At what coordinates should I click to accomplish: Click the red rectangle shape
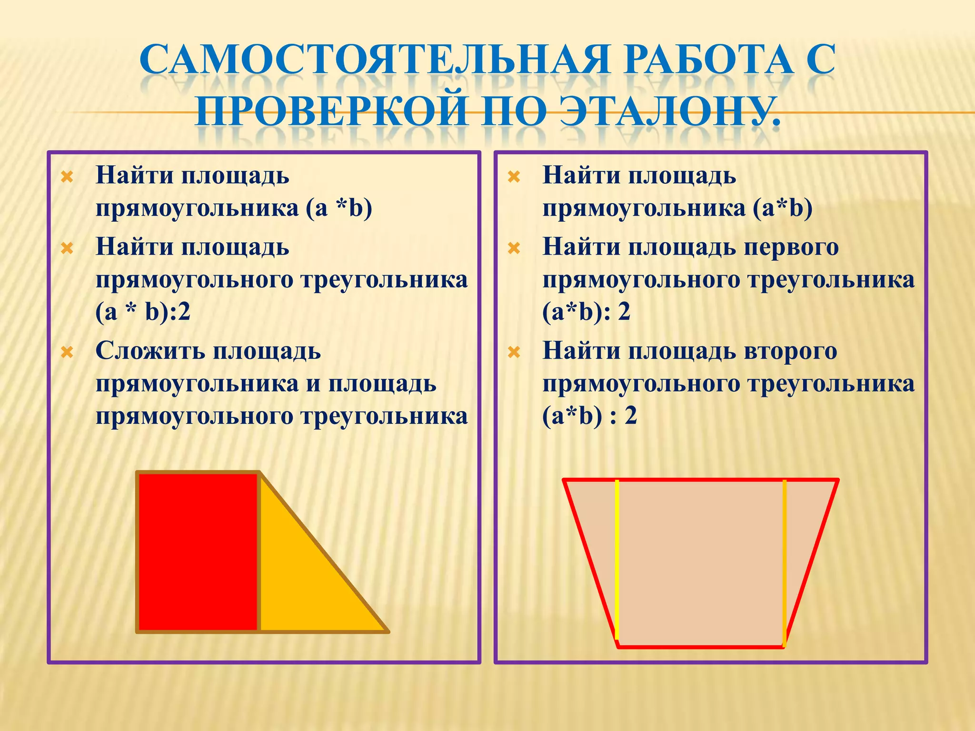(x=198, y=552)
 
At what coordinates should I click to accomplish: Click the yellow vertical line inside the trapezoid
(x=617, y=562)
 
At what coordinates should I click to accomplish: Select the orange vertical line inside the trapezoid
(x=784, y=562)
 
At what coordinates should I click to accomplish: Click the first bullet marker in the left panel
(x=67, y=178)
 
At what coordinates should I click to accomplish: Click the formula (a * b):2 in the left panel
(x=143, y=313)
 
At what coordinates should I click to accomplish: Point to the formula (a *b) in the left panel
(x=339, y=208)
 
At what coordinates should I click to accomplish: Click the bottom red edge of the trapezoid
(x=700, y=647)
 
